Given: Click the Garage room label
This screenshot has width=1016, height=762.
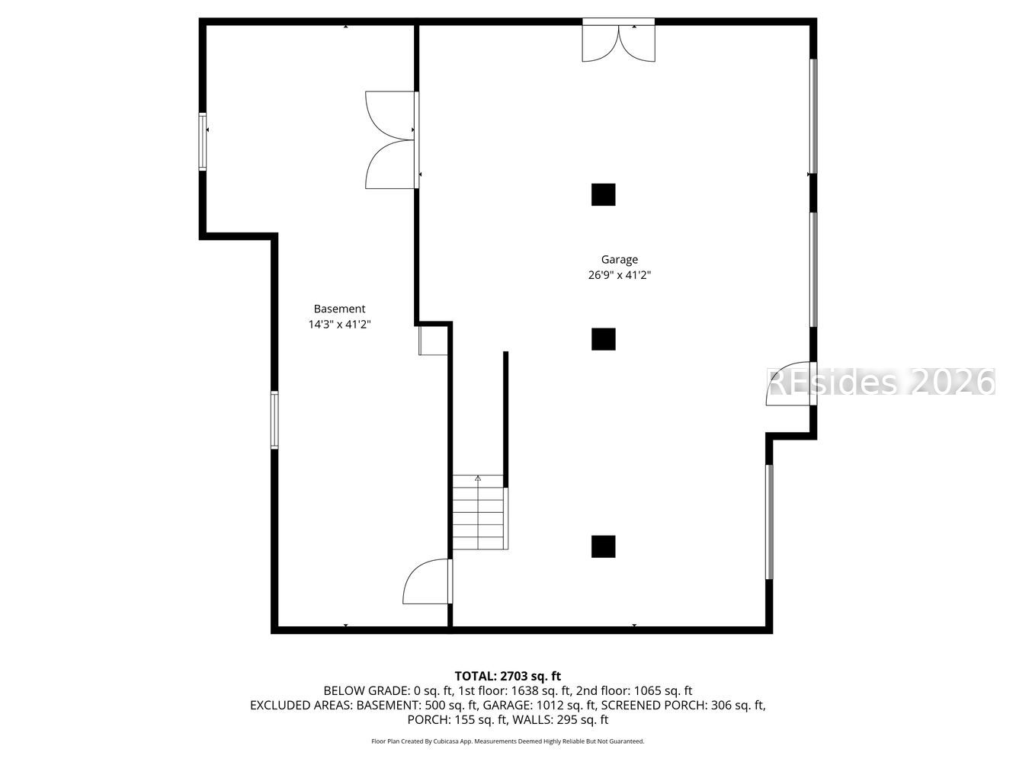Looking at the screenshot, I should [619, 260].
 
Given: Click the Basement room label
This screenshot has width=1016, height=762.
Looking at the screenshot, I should [339, 309].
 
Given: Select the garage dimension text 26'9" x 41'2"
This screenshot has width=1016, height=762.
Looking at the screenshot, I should [619, 276].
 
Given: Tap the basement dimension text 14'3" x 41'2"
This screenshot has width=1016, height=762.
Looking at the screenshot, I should [339, 325].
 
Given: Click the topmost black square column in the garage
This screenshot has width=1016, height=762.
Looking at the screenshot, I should [603, 194].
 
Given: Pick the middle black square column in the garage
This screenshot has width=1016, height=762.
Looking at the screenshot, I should [603, 339].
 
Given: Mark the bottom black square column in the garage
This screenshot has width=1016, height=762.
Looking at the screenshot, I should [603, 546].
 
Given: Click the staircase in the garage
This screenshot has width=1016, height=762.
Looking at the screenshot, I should [479, 512].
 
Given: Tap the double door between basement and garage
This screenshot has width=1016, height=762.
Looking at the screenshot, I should [390, 140].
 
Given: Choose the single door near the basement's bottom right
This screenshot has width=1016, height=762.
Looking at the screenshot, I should [428, 582].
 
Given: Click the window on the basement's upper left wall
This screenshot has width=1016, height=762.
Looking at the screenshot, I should [203, 141].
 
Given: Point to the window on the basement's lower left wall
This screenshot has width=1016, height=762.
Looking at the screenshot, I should [274, 420].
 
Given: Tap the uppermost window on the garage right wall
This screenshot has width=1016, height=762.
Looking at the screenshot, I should [813, 116].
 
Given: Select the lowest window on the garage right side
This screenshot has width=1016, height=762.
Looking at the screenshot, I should [769, 522].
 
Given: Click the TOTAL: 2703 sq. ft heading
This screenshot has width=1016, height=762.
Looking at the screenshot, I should [508, 676].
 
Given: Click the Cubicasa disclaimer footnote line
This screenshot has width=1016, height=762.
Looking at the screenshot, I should [508, 741].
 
